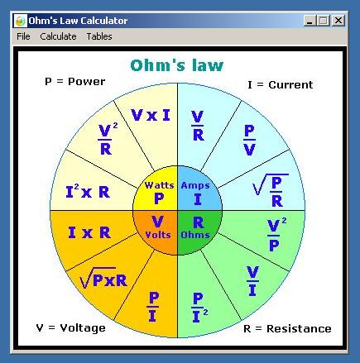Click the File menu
[x=23, y=36]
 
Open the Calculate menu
[x=58, y=36]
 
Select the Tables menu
[x=99, y=36]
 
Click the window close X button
[x=338, y=21]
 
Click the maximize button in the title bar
[x=324, y=21]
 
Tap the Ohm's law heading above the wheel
[x=177, y=65]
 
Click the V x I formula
[x=151, y=115]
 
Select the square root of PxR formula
[x=103, y=278]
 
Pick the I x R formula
[x=89, y=232]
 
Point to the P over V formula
[x=250, y=141]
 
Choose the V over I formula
[x=252, y=281]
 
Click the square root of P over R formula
[x=271, y=190]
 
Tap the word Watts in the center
[x=160, y=185]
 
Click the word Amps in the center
[x=195, y=185]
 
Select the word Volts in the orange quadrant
[x=158, y=235]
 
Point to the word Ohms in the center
[x=195, y=235]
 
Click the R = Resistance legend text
[x=287, y=328]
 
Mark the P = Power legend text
[x=75, y=82]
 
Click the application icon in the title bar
[x=20, y=21]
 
